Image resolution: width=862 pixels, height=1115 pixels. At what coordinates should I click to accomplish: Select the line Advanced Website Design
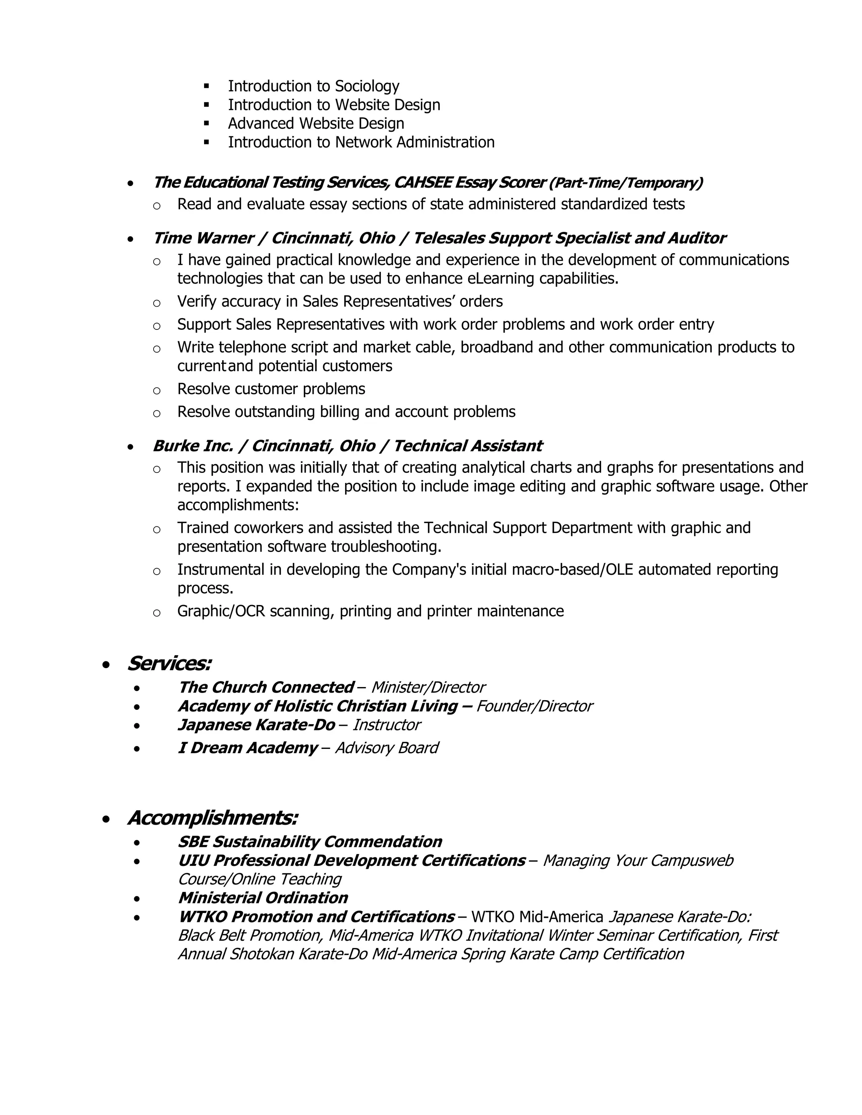316,124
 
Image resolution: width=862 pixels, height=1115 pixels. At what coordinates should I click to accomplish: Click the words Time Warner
203,239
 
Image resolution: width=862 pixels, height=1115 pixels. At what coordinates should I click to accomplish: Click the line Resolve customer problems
271,390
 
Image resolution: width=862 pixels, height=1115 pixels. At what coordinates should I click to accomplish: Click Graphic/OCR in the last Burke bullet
221,612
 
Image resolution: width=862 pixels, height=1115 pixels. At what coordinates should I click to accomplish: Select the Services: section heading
169,664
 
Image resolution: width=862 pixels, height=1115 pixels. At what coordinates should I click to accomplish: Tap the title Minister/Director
428,688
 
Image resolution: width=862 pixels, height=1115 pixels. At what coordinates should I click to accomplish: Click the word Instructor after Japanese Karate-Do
386,725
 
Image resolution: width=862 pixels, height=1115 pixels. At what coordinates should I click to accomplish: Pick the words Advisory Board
386,749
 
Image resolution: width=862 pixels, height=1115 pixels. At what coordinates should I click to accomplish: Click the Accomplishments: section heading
213,818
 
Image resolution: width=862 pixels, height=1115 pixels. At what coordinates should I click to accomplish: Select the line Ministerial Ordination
263,898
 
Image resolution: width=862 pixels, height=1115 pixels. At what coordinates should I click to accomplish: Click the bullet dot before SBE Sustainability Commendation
136,843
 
